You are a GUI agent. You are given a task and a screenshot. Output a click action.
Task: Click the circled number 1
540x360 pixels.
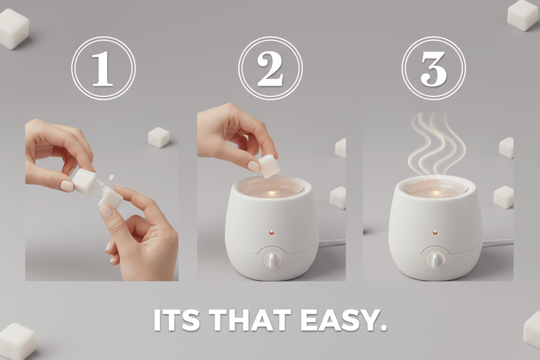[x=103, y=68]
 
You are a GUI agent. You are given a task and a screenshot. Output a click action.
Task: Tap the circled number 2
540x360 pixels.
[x=270, y=68]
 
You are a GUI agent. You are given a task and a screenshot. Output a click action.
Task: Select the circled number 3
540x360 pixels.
[x=433, y=68]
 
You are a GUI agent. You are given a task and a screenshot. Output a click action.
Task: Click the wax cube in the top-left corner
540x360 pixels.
[x=13, y=29]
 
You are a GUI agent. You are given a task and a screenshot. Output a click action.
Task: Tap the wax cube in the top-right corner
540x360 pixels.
[x=522, y=15]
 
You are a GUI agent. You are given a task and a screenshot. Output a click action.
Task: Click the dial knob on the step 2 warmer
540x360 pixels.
[x=272, y=259]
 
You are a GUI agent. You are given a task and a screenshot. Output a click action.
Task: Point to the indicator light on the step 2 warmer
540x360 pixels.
[x=271, y=232]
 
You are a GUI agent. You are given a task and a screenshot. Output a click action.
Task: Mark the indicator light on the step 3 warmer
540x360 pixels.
[x=435, y=232]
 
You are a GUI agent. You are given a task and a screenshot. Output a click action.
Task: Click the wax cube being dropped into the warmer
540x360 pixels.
[x=269, y=166]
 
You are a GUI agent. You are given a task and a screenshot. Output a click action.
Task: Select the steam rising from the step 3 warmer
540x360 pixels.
[x=437, y=143]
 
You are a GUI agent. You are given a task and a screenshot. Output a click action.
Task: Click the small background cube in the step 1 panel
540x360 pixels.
[x=158, y=138]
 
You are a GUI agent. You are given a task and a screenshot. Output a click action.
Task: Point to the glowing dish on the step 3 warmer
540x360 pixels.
[x=436, y=189]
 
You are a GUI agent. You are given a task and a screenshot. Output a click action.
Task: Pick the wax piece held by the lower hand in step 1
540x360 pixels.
[x=111, y=197]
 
